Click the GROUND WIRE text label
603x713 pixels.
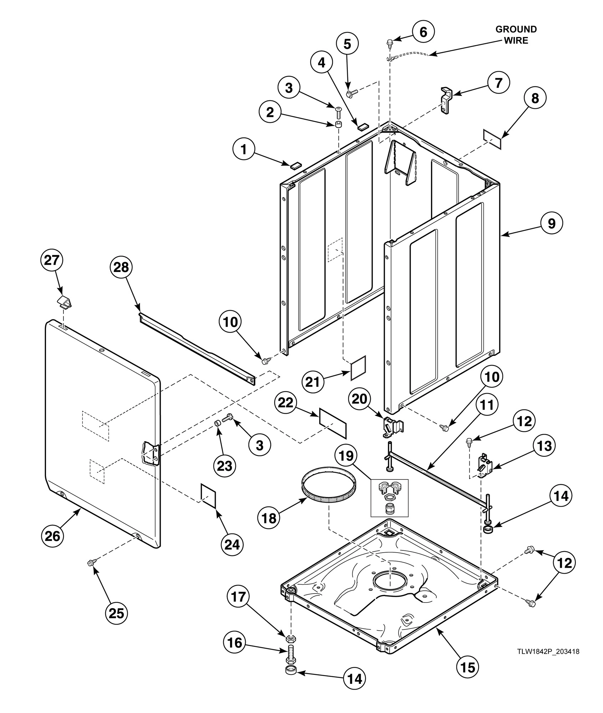click(516, 35)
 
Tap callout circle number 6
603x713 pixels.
click(423, 32)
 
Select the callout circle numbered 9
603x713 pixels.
click(551, 224)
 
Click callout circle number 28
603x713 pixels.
click(121, 267)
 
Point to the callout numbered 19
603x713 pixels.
click(345, 456)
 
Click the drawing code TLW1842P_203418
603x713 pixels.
click(548, 652)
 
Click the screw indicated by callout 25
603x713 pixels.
click(91, 563)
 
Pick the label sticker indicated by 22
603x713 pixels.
click(333, 423)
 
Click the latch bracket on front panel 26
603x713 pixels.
click(150, 453)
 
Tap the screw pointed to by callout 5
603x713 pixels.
click(351, 94)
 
